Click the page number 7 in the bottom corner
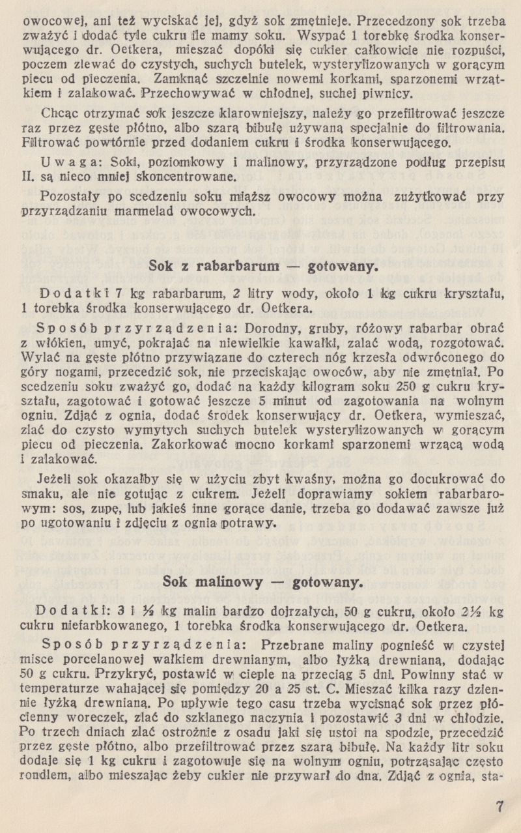(x=500, y=806)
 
